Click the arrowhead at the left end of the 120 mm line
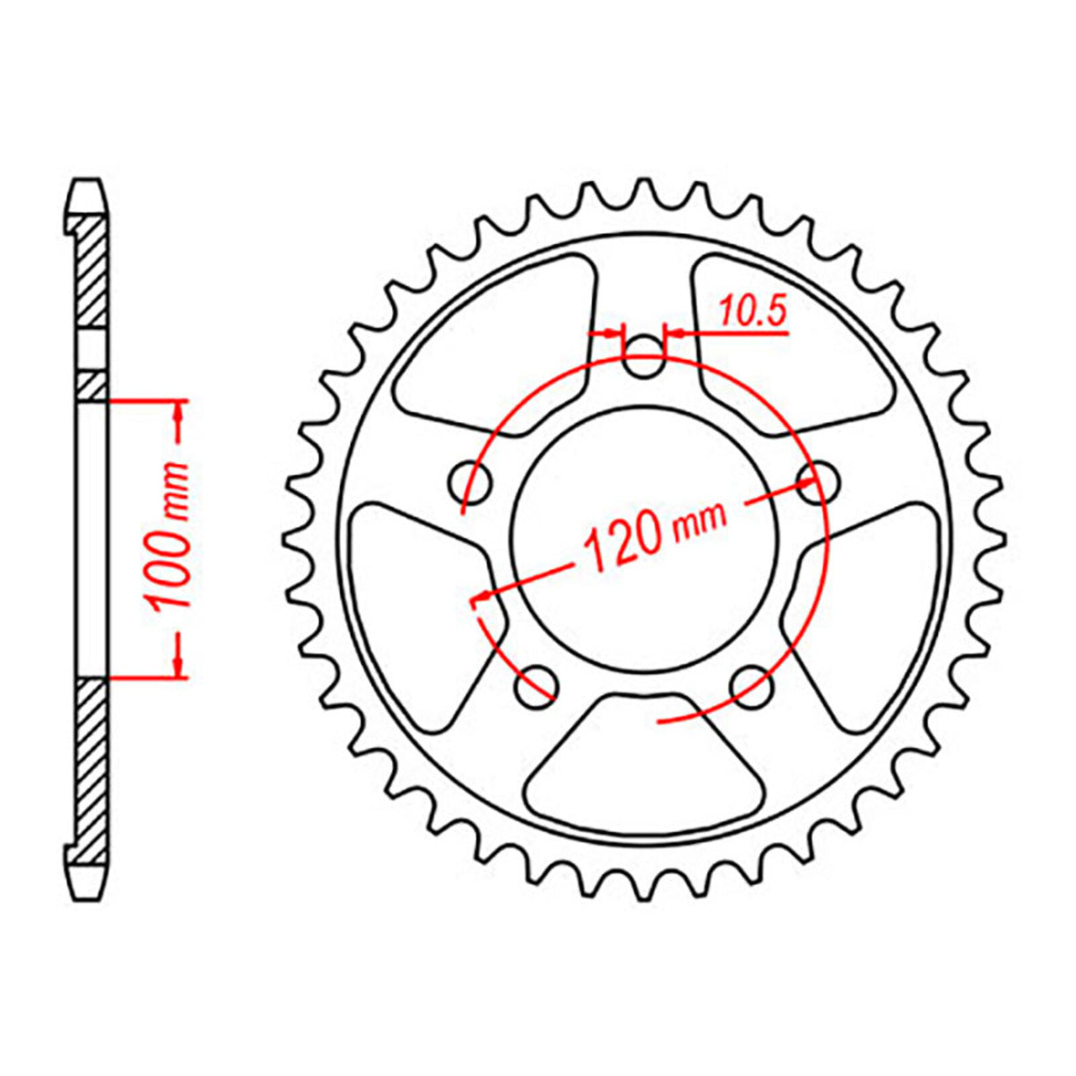(x=482, y=594)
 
